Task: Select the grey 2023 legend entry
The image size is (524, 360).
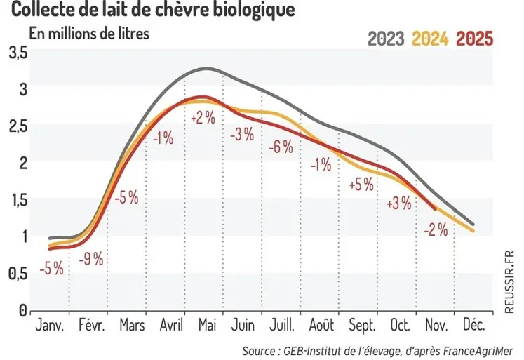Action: coord(386,39)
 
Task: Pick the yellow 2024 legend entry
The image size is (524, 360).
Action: coord(430,39)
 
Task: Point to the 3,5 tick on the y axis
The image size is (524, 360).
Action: coord(18,53)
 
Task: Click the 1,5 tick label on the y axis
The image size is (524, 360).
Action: coord(18,200)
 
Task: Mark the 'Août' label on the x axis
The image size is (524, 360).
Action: coord(322,326)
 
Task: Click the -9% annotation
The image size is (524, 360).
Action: coord(92,258)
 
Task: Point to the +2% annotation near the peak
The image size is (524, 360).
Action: coord(203,119)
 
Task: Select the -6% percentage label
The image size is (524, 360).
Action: coord(281,147)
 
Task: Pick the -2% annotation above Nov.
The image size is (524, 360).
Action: coord(435,229)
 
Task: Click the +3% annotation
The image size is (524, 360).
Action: coord(399,204)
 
